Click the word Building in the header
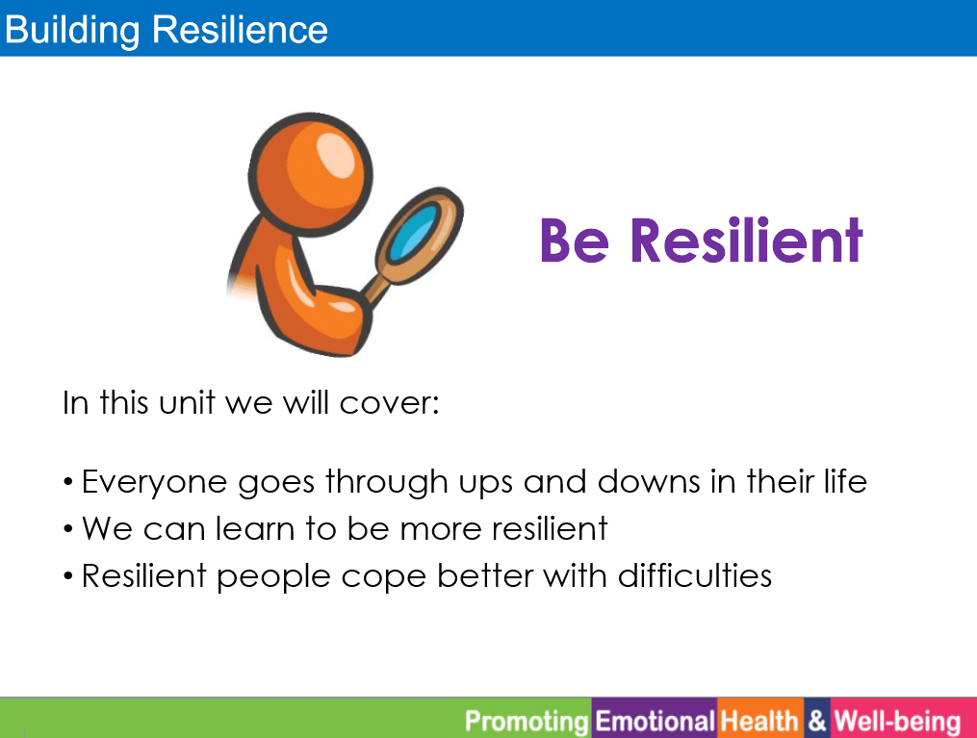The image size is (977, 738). pyautogui.click(x=72, y=31)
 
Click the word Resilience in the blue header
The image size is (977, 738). pyautogui.click(x=240, y=29)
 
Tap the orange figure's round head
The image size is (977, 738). pyautogui.click(x=310, y=174)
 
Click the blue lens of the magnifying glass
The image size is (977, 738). pyautogui.click(x=413, y=232)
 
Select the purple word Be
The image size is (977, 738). pyautogui.click(x=575, y=241)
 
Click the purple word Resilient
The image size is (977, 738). pyautogui.click(x=746, y=240)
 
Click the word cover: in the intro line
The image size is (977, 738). pyautogui.click(x=390, y=403)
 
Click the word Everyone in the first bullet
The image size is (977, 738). pyautogui.click(x=155, y=483)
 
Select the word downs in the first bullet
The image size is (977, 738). pyautogui.click(x=649, y=481)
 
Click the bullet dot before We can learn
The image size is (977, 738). pyautogui.click(x=68, y=530)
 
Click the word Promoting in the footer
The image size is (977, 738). pyautogui.click(x=527, y=722)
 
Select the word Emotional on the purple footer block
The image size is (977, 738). pyautogui.click(x=655, y=722)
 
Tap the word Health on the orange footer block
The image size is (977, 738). pyautogui.click(x=759, y=722)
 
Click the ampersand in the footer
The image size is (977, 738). pyautogui.click(x=817, y=722)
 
